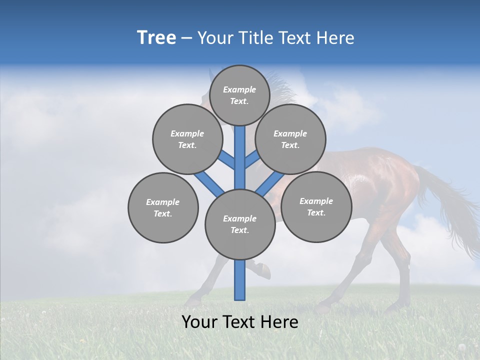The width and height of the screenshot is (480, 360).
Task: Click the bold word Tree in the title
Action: coord(156,38)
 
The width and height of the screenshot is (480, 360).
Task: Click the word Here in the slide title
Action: coord(335,38)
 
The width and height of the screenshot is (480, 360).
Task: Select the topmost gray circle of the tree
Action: coord(239,95)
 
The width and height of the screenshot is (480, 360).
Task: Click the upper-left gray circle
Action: coord(187,139)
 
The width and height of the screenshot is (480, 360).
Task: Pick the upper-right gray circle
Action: coord(290,139)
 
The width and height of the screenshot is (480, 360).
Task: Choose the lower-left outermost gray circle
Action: coord(163,207)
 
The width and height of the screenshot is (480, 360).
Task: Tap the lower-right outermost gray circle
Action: coord(316,206)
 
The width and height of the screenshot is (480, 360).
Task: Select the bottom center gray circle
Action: coord(240,224)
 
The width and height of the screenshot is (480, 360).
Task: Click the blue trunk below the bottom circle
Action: coord(240,280)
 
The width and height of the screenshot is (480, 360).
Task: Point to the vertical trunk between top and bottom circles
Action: coord(240,160)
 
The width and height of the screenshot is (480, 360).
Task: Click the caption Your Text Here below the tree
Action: coord(240,322)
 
